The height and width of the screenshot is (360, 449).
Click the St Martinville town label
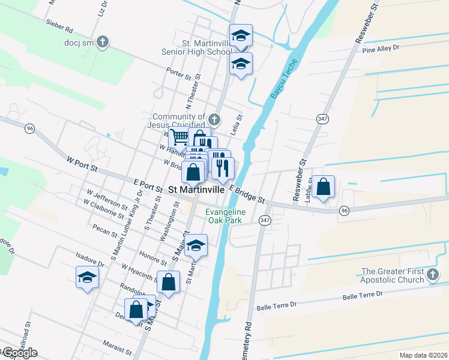click(195, 188)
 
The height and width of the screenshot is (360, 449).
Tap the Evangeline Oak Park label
click(225, 216)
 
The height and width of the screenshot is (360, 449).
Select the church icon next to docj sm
click(103, 43)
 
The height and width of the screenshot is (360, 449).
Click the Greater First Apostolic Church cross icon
click(433, 275)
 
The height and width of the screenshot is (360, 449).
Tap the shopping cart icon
click(179, 138)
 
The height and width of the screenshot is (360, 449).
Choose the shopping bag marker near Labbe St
click(324, 187)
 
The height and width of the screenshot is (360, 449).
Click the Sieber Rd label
click(59, 28)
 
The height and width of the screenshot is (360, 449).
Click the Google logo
click(20, 353)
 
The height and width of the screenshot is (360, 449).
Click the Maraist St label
click(116, 349)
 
